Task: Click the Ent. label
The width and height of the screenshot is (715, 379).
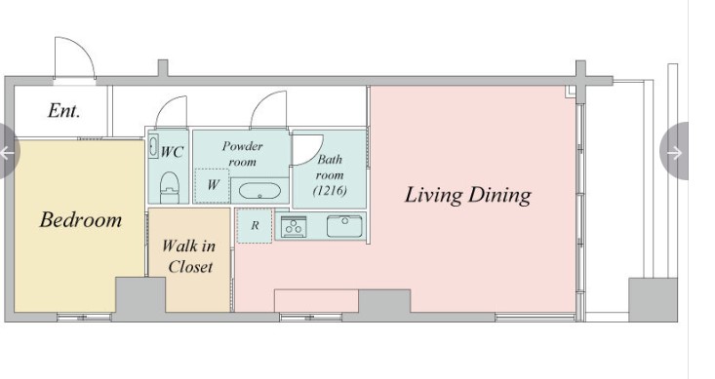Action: point(63,111)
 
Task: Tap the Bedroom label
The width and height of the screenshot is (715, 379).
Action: point(81,219)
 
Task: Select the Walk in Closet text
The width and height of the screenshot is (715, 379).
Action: point(189,256)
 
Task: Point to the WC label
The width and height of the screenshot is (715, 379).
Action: point(172,152)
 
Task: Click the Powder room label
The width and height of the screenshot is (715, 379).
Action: point(243,154)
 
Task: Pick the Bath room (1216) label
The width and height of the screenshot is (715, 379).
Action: point(330,175)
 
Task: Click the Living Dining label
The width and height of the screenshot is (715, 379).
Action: point(468,195)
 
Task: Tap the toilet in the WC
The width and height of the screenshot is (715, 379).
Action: point(169,187)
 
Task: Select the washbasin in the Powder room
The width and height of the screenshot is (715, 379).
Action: point(259,191)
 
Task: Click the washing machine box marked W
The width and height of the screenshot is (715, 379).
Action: point(212,185)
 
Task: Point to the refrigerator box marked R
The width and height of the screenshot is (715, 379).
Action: point(255,225)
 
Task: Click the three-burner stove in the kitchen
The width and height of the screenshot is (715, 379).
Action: point(294,226)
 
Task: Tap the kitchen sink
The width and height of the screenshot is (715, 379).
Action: point(344,226)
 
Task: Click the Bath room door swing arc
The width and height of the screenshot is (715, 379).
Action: point(317,155)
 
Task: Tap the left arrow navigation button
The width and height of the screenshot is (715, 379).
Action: point(8,152)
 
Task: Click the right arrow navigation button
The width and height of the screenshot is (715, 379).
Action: point(675,152)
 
